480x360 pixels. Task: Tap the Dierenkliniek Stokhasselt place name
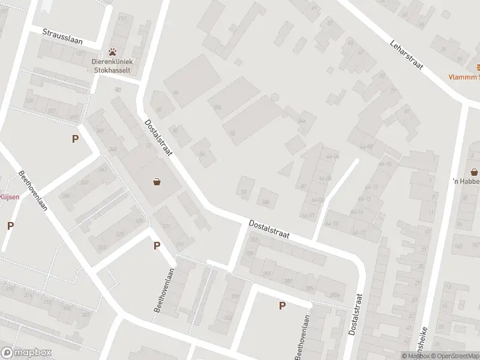tap(113, 65)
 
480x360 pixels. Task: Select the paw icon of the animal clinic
tap(113, 52)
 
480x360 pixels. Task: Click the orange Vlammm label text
tap(466, 77)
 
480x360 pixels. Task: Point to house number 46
tap(176, 92)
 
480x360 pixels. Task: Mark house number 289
tap(289, 281)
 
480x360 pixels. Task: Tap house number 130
tap(30, 100)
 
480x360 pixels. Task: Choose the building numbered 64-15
tap(331, 224)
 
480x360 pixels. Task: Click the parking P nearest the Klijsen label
tap(10, 226)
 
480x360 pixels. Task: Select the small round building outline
tap(275, 97)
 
